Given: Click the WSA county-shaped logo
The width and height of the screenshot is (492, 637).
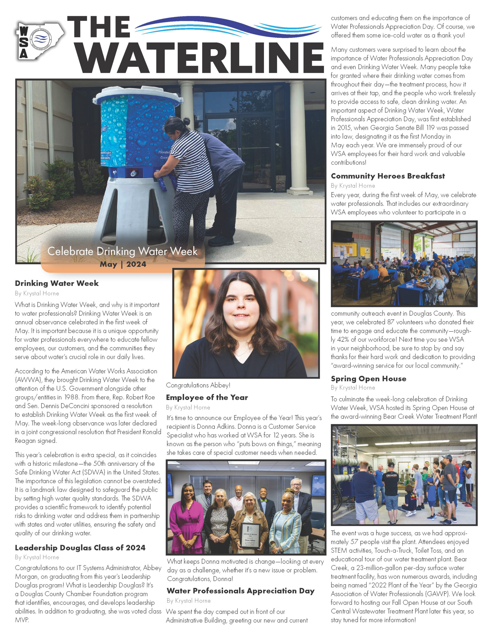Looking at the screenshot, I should tap(39, 41).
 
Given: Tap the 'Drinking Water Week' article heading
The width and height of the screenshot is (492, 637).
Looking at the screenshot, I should tap(57, 283).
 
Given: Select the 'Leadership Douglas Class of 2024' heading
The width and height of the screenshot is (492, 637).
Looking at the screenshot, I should tap(80, 547).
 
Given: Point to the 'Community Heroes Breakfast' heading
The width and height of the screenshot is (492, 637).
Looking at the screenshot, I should tap(388, 176).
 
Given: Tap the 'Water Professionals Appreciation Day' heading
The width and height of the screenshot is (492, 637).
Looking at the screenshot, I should tap(241, 591).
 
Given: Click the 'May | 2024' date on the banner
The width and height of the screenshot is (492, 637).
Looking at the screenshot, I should tap(123, 264).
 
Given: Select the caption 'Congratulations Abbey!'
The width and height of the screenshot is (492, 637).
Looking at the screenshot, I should tap(198, 385).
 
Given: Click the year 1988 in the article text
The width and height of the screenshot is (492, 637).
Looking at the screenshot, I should tap(71, 397).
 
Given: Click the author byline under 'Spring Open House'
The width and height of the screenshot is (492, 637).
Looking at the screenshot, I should tap(353, 388).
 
